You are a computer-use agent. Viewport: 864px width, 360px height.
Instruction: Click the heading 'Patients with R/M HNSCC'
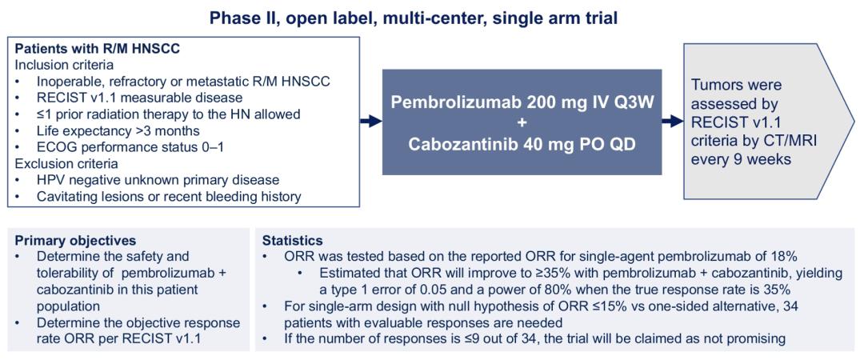pos(98,49)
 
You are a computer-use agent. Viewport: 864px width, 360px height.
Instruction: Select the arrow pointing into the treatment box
pos(371,122)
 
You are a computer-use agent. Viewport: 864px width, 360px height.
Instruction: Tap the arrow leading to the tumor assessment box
pos(672,122)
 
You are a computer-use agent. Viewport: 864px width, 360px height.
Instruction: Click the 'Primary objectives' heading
pos(74,241)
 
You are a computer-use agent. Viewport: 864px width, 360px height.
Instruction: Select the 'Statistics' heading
pos(292,241)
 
